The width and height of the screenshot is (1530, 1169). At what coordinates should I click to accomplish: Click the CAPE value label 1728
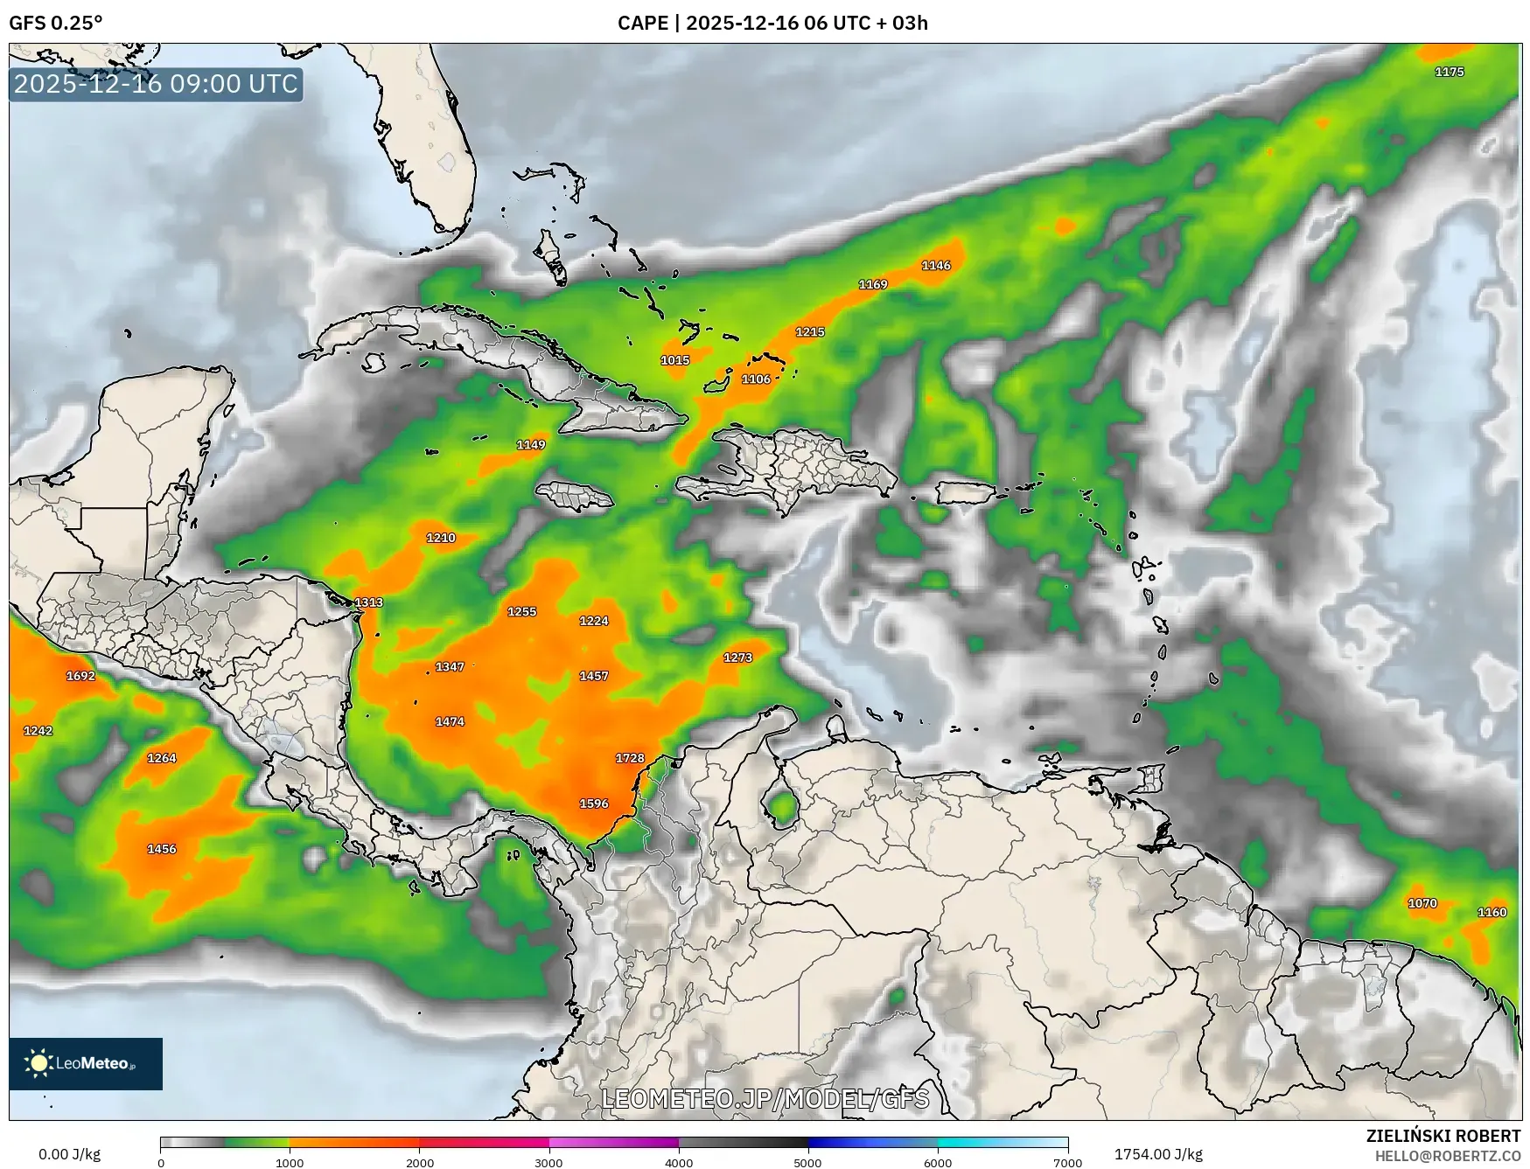[630, 758]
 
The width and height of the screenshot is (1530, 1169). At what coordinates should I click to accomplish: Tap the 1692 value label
[80, 676]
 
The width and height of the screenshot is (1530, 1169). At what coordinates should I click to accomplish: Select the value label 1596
[594, 804]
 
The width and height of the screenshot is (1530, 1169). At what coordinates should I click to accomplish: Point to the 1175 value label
[1450, 72]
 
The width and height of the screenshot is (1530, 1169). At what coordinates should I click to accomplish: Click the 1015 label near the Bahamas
[674, 360]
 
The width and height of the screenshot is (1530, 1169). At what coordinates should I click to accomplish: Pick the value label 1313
[368, 602]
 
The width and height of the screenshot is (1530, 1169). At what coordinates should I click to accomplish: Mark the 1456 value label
[162, 849]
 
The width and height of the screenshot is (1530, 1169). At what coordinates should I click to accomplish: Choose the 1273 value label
[737, 658]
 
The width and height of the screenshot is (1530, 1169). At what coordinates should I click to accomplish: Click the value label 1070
[1422, 903]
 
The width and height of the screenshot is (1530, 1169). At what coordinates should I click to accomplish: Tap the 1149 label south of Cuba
[531, 444]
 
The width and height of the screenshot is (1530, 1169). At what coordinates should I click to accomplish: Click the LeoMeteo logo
[86, 1063]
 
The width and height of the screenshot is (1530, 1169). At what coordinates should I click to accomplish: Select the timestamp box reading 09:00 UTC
[156, 84]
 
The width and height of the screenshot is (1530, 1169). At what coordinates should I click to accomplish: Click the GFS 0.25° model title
[56, 23]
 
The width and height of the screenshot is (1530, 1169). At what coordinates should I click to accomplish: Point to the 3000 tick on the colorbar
[548, 1163]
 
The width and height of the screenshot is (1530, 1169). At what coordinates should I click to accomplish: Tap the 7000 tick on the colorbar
[1068, 1163]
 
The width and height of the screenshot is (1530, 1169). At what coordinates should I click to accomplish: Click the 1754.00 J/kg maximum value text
[1158, 1154]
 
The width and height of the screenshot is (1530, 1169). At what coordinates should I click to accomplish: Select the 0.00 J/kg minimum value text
[70, 1154]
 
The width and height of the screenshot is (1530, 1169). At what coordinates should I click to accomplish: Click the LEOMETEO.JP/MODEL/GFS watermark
[765, 1098]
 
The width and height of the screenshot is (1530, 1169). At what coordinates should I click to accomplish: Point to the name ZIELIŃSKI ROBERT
[1443, 1136]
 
